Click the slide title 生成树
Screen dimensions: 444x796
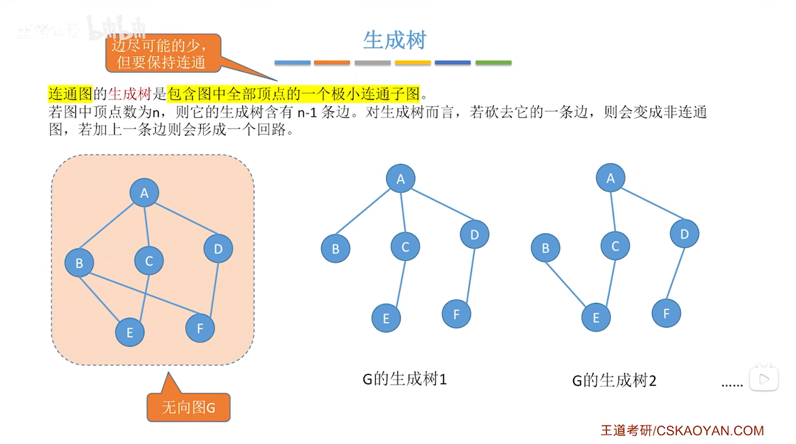click(x=394, y=40)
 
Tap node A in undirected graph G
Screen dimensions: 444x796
click(x=144, y=193)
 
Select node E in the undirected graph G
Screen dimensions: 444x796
click(x=130, y=332)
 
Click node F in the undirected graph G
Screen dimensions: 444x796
click(x=200, y=328)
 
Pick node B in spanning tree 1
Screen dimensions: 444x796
click(x=335, y=249)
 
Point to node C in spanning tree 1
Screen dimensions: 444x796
click(x=405, y=247)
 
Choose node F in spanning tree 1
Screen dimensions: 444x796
click(x=456, y=314)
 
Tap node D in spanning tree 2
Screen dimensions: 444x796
click(x=684, y=234)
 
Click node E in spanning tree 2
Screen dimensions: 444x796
click(x=596, y=317)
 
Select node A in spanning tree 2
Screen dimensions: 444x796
click(x=610, y=178)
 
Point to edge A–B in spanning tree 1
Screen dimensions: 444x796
click(x=363, y=211)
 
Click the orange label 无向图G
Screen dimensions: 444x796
click(x=188, y=407)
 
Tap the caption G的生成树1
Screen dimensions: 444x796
click(x=404, y=379)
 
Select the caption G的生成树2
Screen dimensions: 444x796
click(x=614, y=380)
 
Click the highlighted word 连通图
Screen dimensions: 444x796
click(x=70, y=94)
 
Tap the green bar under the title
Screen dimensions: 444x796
click(x=493, y=62)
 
